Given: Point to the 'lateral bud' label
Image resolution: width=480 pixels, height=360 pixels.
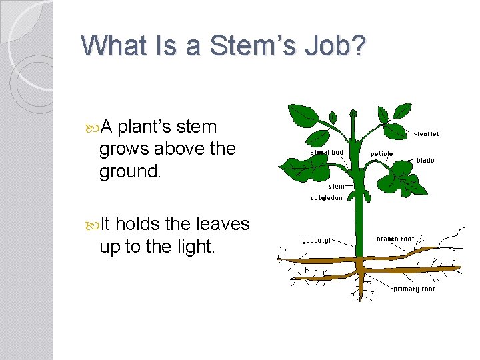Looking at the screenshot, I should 325,153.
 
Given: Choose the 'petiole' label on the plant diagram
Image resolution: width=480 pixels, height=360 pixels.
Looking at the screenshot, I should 381,154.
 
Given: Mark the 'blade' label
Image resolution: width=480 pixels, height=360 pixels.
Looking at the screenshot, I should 425,161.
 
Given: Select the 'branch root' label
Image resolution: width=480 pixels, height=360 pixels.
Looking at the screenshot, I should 395,239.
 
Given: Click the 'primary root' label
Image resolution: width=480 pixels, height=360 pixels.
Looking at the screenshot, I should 415,289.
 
